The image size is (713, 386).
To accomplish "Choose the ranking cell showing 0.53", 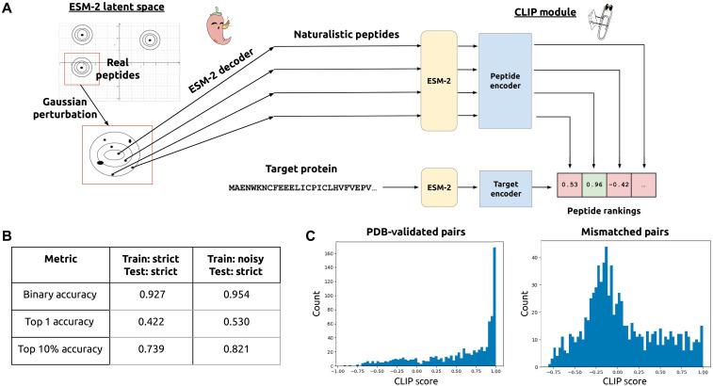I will (x=568, y=186).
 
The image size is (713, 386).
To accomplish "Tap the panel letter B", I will (x=8, y=232).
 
